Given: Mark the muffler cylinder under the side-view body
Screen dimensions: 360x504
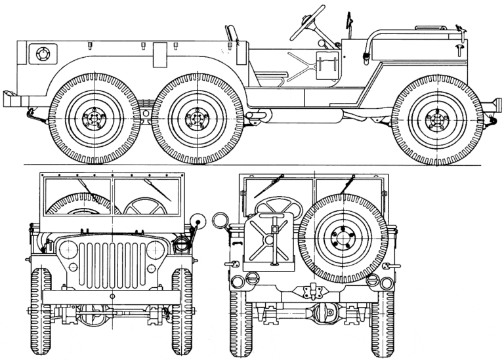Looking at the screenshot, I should coord(259,116).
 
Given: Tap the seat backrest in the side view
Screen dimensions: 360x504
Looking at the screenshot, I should coord(232,33).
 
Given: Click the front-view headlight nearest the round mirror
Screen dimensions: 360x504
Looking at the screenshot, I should coord(156,249).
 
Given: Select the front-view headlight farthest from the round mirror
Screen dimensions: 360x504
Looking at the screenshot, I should coord(67,249).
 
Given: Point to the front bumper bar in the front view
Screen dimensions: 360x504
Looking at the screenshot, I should coord(112,297).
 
